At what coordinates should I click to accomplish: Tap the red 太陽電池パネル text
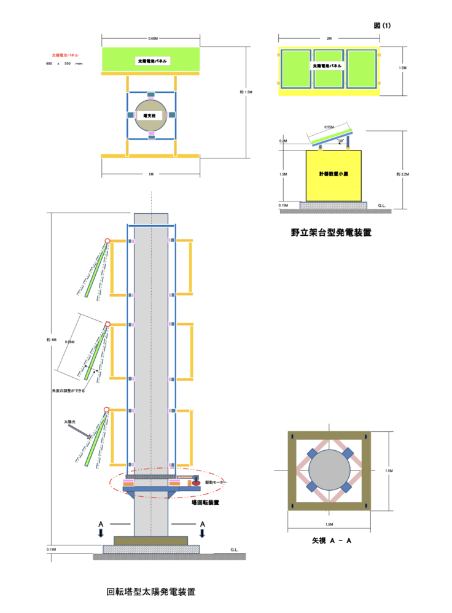pos(65,55)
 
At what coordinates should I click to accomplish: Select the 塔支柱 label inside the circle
pos(149,115)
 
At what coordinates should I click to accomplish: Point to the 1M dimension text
pos(150,174)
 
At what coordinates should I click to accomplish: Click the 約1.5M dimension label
pos(246,93)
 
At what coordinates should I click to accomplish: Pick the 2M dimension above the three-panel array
pos(329,39)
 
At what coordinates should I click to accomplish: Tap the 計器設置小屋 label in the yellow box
pos(333,174)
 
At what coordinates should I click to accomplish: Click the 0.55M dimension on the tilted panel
pos(329,127)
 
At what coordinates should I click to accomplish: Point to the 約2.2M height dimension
pos(403,174)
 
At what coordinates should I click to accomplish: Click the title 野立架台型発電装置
pos(331,233)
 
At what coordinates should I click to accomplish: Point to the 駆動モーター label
pos(216,483)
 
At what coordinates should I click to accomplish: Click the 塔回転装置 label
pos(206,502)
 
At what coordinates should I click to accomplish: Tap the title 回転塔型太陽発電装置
pos(151,592)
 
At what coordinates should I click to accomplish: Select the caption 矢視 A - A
pos(331,541)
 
